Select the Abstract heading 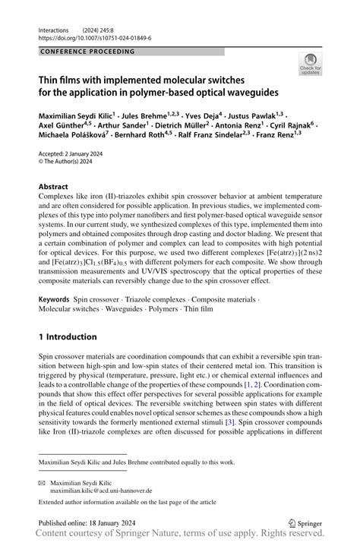58,185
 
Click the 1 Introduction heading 68,336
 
